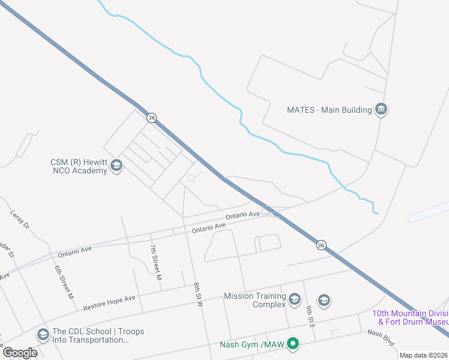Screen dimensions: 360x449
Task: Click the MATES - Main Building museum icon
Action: coord(381,109)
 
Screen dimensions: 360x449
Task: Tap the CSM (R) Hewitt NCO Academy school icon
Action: coord(116,166)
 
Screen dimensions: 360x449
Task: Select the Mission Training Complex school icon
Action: coord(294,299)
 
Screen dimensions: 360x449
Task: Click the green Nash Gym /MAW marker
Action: coord(293,344)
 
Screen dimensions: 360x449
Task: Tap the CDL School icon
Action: coord(43,334)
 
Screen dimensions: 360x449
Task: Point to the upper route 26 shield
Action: coord(151,118)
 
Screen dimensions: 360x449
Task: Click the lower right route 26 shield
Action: coord(321,245)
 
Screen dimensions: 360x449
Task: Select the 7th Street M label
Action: coord(156,263)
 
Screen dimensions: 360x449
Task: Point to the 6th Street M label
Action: coord(64,282)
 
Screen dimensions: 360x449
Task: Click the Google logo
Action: coord(20,352)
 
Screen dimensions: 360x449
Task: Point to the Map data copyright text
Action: coord(423,355)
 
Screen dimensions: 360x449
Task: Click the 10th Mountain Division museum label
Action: coord(411,317)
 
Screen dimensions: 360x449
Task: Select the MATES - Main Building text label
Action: coord(329,110)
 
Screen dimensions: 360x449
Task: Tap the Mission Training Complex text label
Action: coord(255,300)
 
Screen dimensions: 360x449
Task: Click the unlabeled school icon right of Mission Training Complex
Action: coord(324,300)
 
